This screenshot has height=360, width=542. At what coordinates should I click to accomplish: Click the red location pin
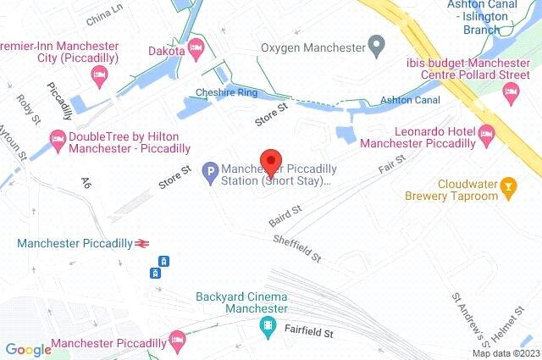pos(270,161)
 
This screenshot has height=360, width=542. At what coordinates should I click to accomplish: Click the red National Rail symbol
pos(142,243)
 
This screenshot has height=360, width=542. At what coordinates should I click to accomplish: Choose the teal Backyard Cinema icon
pos(268,326)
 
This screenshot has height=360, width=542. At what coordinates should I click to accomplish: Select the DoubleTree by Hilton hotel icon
pos(57,137)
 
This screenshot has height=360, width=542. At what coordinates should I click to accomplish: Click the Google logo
pos(28,349)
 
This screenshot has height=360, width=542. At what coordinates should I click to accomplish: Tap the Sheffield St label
pos(297,247)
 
